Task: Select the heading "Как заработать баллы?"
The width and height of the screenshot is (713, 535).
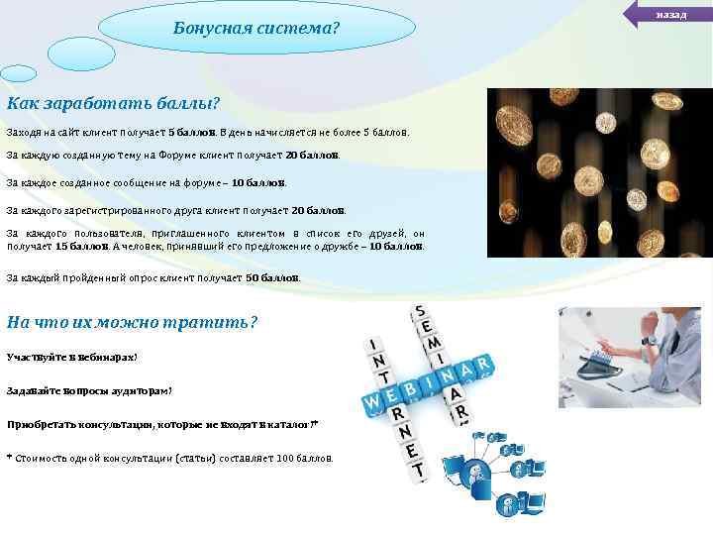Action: (113, 104)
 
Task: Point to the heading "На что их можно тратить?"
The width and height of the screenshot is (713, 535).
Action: (132, 321)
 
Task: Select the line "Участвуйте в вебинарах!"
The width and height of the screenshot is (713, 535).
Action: (71, 356)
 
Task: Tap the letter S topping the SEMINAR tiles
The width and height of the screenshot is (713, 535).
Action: (420, 312)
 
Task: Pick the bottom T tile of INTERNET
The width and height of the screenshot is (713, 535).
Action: (420, 470)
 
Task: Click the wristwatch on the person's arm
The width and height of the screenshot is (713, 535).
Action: (649, 340)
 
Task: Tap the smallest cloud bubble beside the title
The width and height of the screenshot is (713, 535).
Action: (18, 73)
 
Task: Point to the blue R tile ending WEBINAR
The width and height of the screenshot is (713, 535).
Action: (483, 366)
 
